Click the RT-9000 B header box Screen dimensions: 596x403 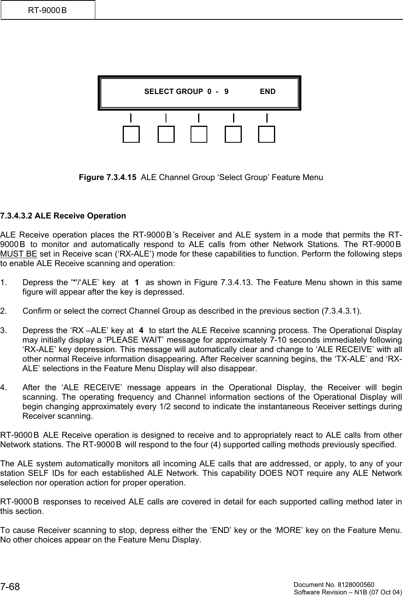48,10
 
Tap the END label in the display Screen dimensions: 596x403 268,92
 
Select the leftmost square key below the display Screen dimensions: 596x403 131,134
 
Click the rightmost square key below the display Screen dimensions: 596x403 266,134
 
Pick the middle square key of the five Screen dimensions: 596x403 199,134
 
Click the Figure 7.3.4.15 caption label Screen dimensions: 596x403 108,177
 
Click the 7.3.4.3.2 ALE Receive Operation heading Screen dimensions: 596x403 63,216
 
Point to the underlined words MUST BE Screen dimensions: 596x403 19,254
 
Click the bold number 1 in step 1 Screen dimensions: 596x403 137,283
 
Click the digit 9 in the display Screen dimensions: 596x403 226,92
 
